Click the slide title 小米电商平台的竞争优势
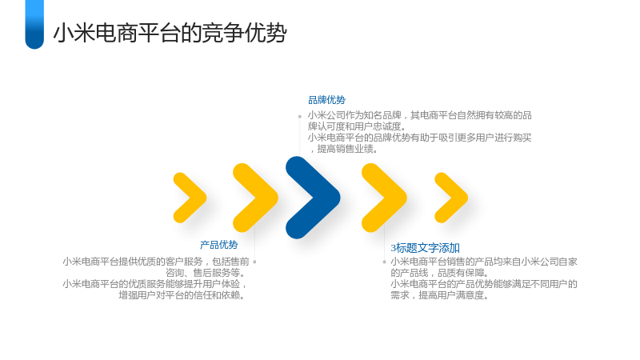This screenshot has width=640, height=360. (170, 33)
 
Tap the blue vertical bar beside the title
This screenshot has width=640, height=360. (34, 24)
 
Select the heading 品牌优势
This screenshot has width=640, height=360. (326, 100)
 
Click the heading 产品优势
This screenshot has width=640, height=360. (218, 245)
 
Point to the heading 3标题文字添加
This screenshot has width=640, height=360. (426, 248)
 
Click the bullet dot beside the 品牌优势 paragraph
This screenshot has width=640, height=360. (299, 117)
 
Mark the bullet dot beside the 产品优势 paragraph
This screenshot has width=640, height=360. (254, 262)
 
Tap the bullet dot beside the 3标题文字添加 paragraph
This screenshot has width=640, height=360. (384, 262)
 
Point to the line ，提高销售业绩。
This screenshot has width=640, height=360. (344, 149)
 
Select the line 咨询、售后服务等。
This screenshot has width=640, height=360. (206, 273)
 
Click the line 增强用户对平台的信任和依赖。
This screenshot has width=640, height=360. (182, 294)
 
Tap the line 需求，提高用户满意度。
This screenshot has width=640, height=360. (439, 294)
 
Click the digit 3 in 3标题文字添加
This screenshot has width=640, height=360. (393, 248)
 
